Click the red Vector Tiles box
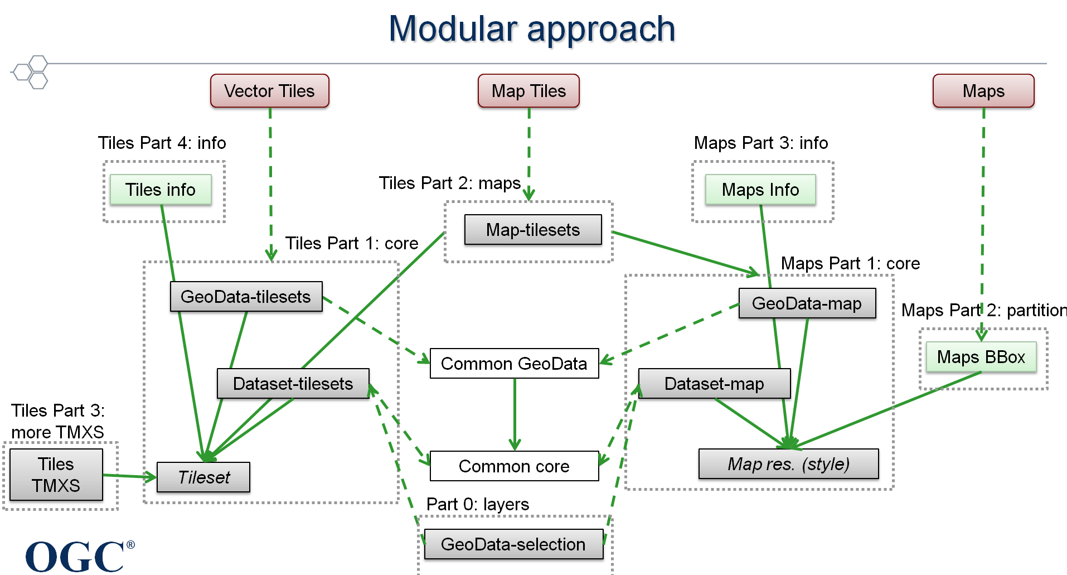coord(269,91)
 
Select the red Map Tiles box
coord(528,91)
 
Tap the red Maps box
coord(983,91)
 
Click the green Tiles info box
coord(161,190)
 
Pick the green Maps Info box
coord(760,190)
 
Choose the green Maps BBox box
coord(981,357)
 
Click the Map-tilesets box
coord(533,230)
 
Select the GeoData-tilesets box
coord(246,297)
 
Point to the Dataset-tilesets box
coord(293,384)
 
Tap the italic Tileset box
coord(203,477)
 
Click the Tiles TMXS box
coord(56,475)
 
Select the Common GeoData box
coord(514,364)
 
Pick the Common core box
coord(514,466)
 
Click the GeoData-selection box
coord(513,544)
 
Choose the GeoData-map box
coord(807,303)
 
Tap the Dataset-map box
coord(714,384)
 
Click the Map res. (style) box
coord(788,464)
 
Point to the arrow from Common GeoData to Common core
coord(515,415)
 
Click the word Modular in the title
coord(453,29)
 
